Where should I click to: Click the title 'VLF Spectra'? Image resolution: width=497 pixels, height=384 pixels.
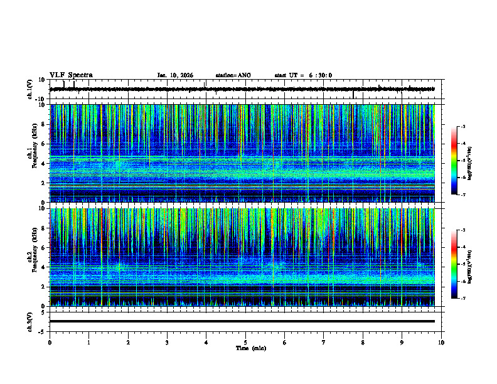[71, 75]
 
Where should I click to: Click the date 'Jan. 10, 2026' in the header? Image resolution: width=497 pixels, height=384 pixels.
[175, 75]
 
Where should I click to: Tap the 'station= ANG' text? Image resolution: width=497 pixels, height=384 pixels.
[233, 75]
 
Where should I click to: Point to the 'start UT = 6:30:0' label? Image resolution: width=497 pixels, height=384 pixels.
[303, 75]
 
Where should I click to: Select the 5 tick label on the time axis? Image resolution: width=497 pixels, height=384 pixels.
[245, 342]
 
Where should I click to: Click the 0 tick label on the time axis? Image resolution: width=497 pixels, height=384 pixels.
[50, 342]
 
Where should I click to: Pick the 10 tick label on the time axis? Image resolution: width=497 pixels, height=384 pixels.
[441, 342]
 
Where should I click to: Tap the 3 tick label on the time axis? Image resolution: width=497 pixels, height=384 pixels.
[167, 342]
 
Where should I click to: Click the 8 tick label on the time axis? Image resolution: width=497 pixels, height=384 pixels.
[363, 342]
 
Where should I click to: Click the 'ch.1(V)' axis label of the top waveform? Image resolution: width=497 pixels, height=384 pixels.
[29, 89]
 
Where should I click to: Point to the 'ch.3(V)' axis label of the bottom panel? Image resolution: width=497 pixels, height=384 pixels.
[29, 321]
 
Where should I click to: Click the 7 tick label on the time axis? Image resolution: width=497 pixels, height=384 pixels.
[324, 342]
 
